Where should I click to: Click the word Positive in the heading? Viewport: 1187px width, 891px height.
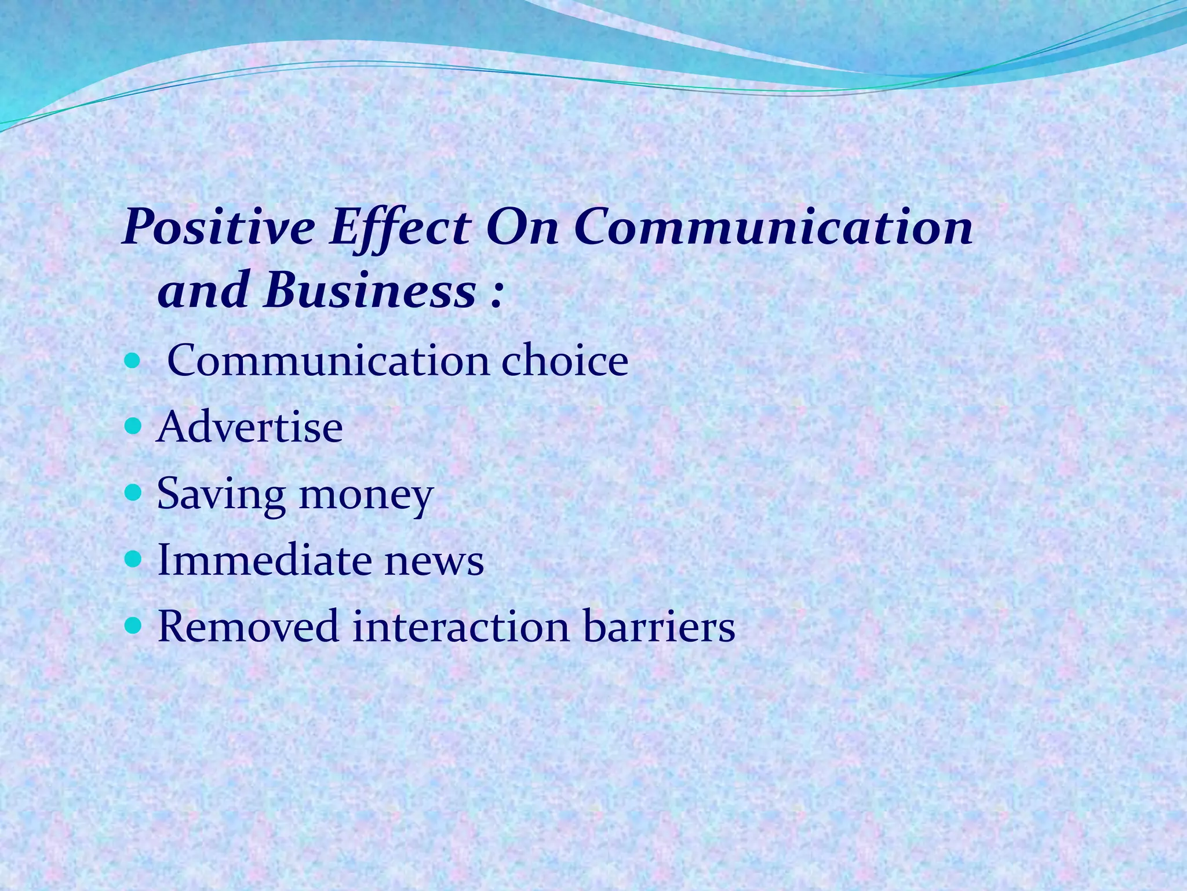219,228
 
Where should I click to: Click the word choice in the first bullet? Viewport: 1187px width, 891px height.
565,361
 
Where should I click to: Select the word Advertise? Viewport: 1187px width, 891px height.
250,428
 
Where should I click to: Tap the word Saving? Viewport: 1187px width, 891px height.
221,495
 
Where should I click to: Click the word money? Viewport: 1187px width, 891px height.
366,496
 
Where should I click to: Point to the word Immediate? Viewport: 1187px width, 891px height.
261,560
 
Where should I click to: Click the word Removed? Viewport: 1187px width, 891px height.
248,626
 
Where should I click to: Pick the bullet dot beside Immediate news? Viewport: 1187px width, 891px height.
133,560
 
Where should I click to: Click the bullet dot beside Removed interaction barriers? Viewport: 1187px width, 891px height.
133,626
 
